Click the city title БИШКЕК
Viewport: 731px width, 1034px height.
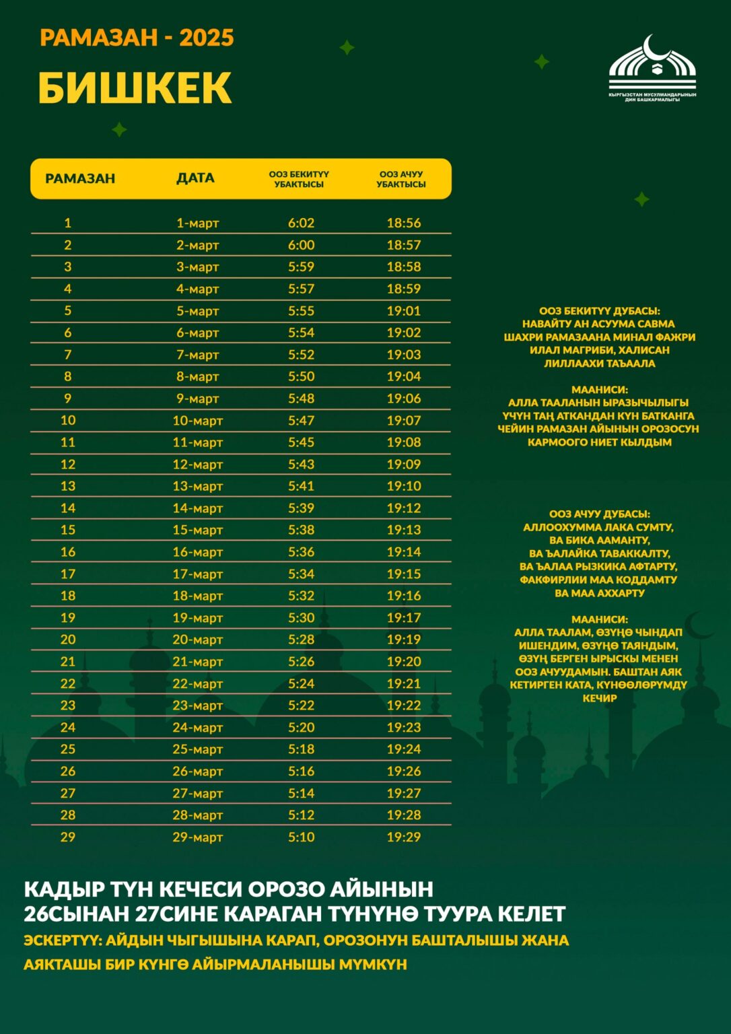(x=135, y=88)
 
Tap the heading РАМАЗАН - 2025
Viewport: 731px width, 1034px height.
(x=137, y=38)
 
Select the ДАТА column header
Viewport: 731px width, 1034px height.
(x=195, y=178)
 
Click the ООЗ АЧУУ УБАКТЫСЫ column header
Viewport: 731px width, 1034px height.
(x=401, y=179)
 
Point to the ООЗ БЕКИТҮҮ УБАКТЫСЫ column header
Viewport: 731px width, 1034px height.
(x=299, y=179)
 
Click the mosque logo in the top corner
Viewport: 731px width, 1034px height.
(x=652, y=68)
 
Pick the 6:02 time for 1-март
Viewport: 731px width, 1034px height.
(x=301, y=223)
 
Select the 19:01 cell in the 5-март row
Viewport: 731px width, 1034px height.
(x=403, y=311)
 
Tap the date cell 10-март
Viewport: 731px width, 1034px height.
(x=197, y=421)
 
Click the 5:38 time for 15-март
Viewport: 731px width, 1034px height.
(x=301, y=530)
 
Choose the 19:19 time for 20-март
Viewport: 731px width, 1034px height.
(x=403, y=640)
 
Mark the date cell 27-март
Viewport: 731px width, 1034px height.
(x=197, y=794)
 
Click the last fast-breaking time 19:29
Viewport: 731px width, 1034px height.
(x=403, y=837)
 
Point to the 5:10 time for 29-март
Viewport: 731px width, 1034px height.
(x=301, y=837)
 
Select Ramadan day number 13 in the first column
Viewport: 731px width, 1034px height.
(x=68, y=486)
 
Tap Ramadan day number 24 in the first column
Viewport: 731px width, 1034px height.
(x=68, y=728)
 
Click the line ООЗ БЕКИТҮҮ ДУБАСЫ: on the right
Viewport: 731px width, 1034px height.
(x=599, y=311)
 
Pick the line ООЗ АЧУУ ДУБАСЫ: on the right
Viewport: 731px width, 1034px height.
(x=599, y=514)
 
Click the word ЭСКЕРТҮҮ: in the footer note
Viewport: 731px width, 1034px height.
(x=62, y=940)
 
